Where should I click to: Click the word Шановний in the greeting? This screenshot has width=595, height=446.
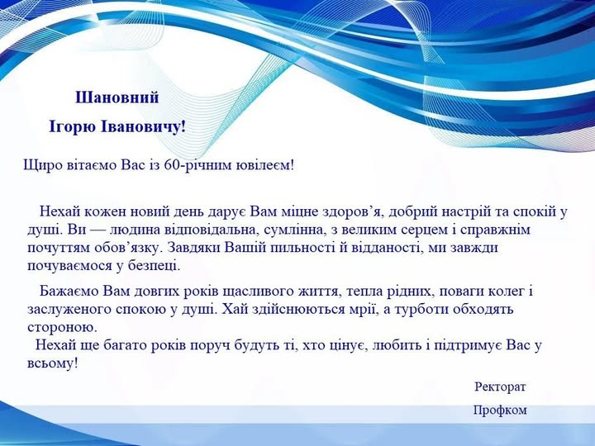[x=117, y=97]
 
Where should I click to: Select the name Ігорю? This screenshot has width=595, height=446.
[x=72, y=128]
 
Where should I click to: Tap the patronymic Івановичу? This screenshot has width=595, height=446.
[x=143, y=127]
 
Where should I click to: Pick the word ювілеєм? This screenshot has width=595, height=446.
[x=265, y=165]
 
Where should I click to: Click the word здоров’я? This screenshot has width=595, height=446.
[x=351, y=211]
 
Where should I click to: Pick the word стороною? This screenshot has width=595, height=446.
[x=59, y=327]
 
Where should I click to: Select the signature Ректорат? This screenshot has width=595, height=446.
[x=500, y=387]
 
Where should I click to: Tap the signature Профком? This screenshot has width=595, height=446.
[x=500, y=410]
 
